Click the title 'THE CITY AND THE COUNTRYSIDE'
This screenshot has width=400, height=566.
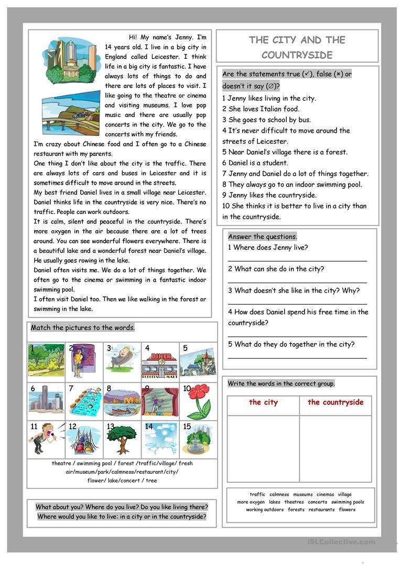pyautogui.click(x=297, y=47)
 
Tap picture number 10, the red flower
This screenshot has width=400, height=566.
pyautogui.click(x=198, y=401)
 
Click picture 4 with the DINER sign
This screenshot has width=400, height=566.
pyautogui.click(x=160, y=362)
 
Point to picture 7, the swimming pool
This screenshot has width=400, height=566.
pyautogui.click(x=84, y=401)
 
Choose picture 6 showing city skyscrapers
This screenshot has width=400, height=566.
pyautogui.click(x=46, y=401)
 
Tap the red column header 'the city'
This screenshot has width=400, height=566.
pyautogui.click(x=263, y=402)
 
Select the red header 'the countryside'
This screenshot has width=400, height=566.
pyautogui.click(x=335, y=402)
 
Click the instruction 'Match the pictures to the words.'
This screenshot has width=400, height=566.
pyautogui.click(x=83, y=328)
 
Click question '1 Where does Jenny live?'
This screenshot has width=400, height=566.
pyautogui.click(x=268, y=248)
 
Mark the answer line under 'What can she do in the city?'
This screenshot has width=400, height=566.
pyautogui.click(x=297, y=282)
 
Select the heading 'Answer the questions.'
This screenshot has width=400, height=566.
pyautogui.click(x=262, y=237)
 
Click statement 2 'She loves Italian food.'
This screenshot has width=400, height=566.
pyautogui.click(x=261, y=109)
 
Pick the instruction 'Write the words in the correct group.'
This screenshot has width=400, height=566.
pyautogui.click(x=281, y=384)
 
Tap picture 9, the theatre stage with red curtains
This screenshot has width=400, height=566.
pyautogui.click(x=160, y=401)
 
